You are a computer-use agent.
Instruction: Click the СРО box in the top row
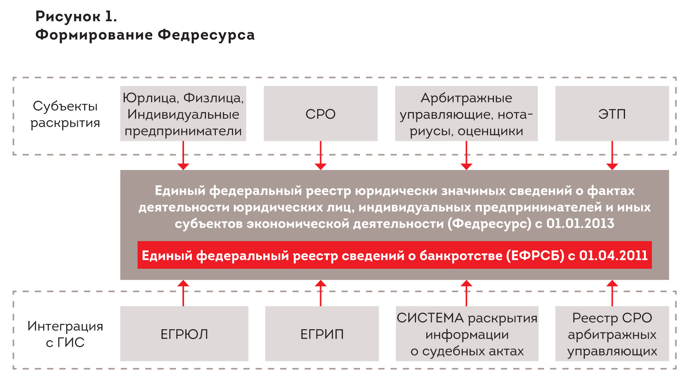[x=320, y=114]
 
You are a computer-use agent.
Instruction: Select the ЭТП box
[x=612, y=114]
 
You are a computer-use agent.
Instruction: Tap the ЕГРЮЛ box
[x=184, y=334]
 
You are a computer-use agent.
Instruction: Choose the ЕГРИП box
[x=322, y=334]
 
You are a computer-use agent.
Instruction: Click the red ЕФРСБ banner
[x=394, y=255]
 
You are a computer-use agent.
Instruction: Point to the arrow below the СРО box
[x=320, y=156]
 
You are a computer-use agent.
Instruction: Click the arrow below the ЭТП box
[x=612, y=156]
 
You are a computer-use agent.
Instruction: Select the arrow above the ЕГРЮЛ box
[x=183, y=293]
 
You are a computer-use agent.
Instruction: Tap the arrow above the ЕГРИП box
[x=320, y=293]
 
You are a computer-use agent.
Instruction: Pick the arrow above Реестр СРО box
[x=612, y=293]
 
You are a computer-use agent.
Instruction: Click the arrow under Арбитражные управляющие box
[x=466, y=156]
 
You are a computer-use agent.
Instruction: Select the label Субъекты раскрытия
[x=65, y=114]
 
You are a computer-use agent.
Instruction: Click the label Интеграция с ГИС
[x=65, y=334]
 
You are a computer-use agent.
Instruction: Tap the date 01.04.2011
[x=613, y=255]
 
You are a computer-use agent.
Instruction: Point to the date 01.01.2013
[x=580, y=223]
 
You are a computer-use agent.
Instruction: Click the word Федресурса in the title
[x=206, y=35]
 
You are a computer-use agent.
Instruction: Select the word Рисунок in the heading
[x=68, y=17]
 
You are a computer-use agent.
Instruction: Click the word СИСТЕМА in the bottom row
[x=430, y=318]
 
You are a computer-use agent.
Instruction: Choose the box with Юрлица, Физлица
[x=183, y=114]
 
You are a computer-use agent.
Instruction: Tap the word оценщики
[x=490, y=131]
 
